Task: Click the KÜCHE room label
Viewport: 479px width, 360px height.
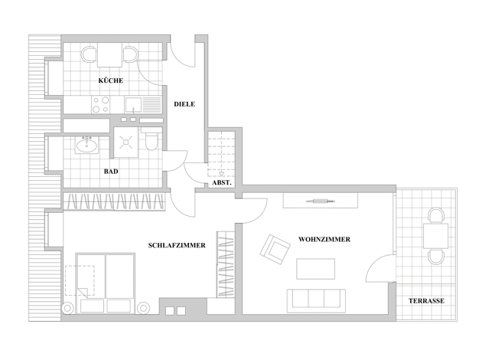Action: [111, 80]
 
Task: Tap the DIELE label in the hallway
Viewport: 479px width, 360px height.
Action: [184, 104]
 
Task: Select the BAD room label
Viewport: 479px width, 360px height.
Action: [111, 172]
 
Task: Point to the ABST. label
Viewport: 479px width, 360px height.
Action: [222, 183]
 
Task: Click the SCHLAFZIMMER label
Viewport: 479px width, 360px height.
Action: [177, 245]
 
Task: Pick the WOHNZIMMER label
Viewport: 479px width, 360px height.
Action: [324, 239]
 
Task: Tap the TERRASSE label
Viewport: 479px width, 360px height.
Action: [426, 301]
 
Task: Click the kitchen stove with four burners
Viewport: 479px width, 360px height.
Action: [101, 105]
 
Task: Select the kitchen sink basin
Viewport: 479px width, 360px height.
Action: [133, 105]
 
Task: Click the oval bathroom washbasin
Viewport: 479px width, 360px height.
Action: [86, 145]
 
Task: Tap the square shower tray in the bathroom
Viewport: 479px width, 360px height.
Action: [125, 142]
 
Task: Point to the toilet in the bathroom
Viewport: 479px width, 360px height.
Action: [152, 141]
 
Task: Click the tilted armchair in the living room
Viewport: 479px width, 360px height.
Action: [275, 249]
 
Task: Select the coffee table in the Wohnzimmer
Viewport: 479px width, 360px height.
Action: [315, 269]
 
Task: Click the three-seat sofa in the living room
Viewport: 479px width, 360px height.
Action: [316, 301]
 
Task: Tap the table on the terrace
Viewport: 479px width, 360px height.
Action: [435, 235]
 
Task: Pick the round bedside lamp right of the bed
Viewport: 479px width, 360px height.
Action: [143, 308]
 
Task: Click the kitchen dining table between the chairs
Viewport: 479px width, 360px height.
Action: [109, 54]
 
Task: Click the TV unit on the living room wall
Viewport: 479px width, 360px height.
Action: [321, 201]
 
